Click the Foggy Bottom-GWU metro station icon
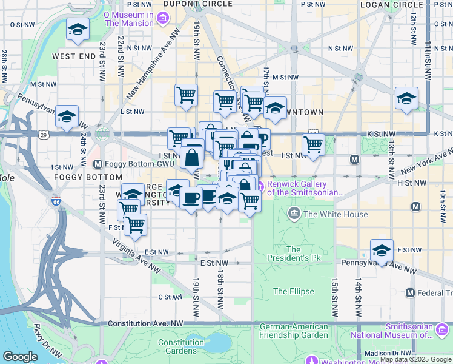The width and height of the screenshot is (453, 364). pos(98,164)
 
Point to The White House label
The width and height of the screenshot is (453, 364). pos(327,214)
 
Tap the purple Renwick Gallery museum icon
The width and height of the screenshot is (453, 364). pos(261,184)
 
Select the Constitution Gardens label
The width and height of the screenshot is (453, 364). pos(181,346)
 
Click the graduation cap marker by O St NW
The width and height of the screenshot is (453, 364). pos(77,30)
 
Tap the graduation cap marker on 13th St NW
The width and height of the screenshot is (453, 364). pos(406,98)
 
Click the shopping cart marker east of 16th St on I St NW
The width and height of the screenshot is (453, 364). pos(313,145)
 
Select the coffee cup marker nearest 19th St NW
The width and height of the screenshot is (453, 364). pos(191,198)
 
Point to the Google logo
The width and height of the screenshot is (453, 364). pos(20,357)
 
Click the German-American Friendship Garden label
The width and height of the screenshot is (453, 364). pos(294,331)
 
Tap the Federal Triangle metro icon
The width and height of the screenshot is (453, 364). pos(411,293)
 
